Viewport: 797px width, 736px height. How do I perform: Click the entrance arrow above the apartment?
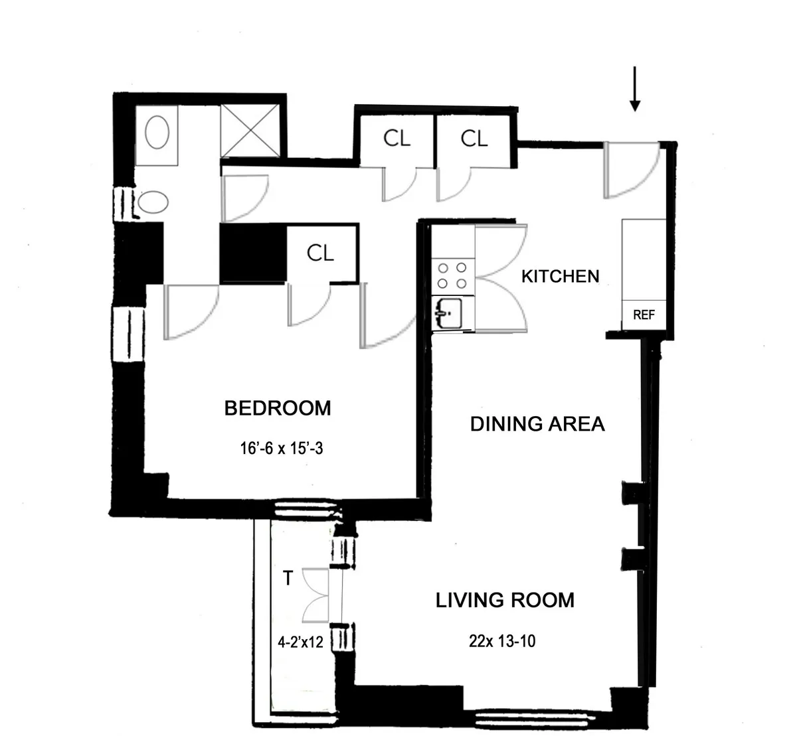coord(635,89)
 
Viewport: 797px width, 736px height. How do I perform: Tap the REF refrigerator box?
coord(644,315)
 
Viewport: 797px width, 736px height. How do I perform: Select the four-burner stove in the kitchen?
coord(452,276)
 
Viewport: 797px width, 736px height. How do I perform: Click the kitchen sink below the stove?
coord(452,313)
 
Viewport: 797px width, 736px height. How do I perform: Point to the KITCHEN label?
coord(560,276)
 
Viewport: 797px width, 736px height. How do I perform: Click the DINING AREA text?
coord(537,423)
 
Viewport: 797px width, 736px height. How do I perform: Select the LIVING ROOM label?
coord(505,601)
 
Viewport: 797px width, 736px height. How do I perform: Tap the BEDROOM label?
coord(278,407)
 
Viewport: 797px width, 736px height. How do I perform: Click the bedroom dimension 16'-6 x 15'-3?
coord(282,449)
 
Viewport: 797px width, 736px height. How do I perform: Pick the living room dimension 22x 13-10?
coord(502,641)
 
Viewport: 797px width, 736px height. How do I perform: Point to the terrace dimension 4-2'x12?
coord(300,642)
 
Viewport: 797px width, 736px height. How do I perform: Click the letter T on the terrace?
coord(288,579)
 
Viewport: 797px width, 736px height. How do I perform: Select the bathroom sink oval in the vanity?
coord(157,133)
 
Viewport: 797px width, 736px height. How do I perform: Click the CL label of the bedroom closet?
coord(320,253)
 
